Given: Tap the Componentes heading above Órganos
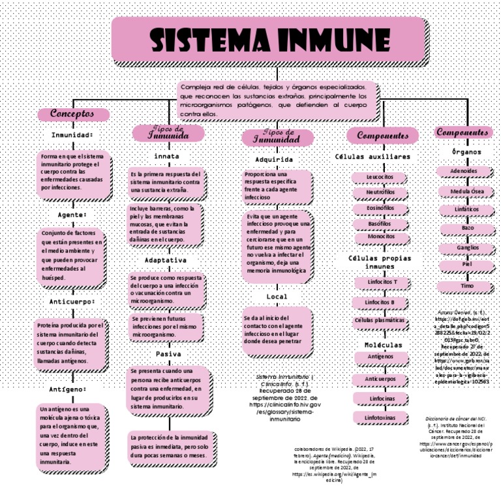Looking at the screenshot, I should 462,132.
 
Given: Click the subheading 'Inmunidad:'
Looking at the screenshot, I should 72,135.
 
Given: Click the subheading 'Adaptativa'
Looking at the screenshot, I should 165,260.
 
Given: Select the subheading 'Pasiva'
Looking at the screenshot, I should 168,354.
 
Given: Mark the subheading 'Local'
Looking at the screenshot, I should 277,297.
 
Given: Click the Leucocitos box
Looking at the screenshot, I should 380,177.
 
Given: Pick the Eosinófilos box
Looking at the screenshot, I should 380,208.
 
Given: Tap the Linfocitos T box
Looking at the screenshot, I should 381,282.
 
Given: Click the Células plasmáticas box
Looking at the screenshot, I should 379,320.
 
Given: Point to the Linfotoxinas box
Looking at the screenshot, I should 380,416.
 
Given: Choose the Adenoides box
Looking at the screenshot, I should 464,172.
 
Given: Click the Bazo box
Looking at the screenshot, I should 468,228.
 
